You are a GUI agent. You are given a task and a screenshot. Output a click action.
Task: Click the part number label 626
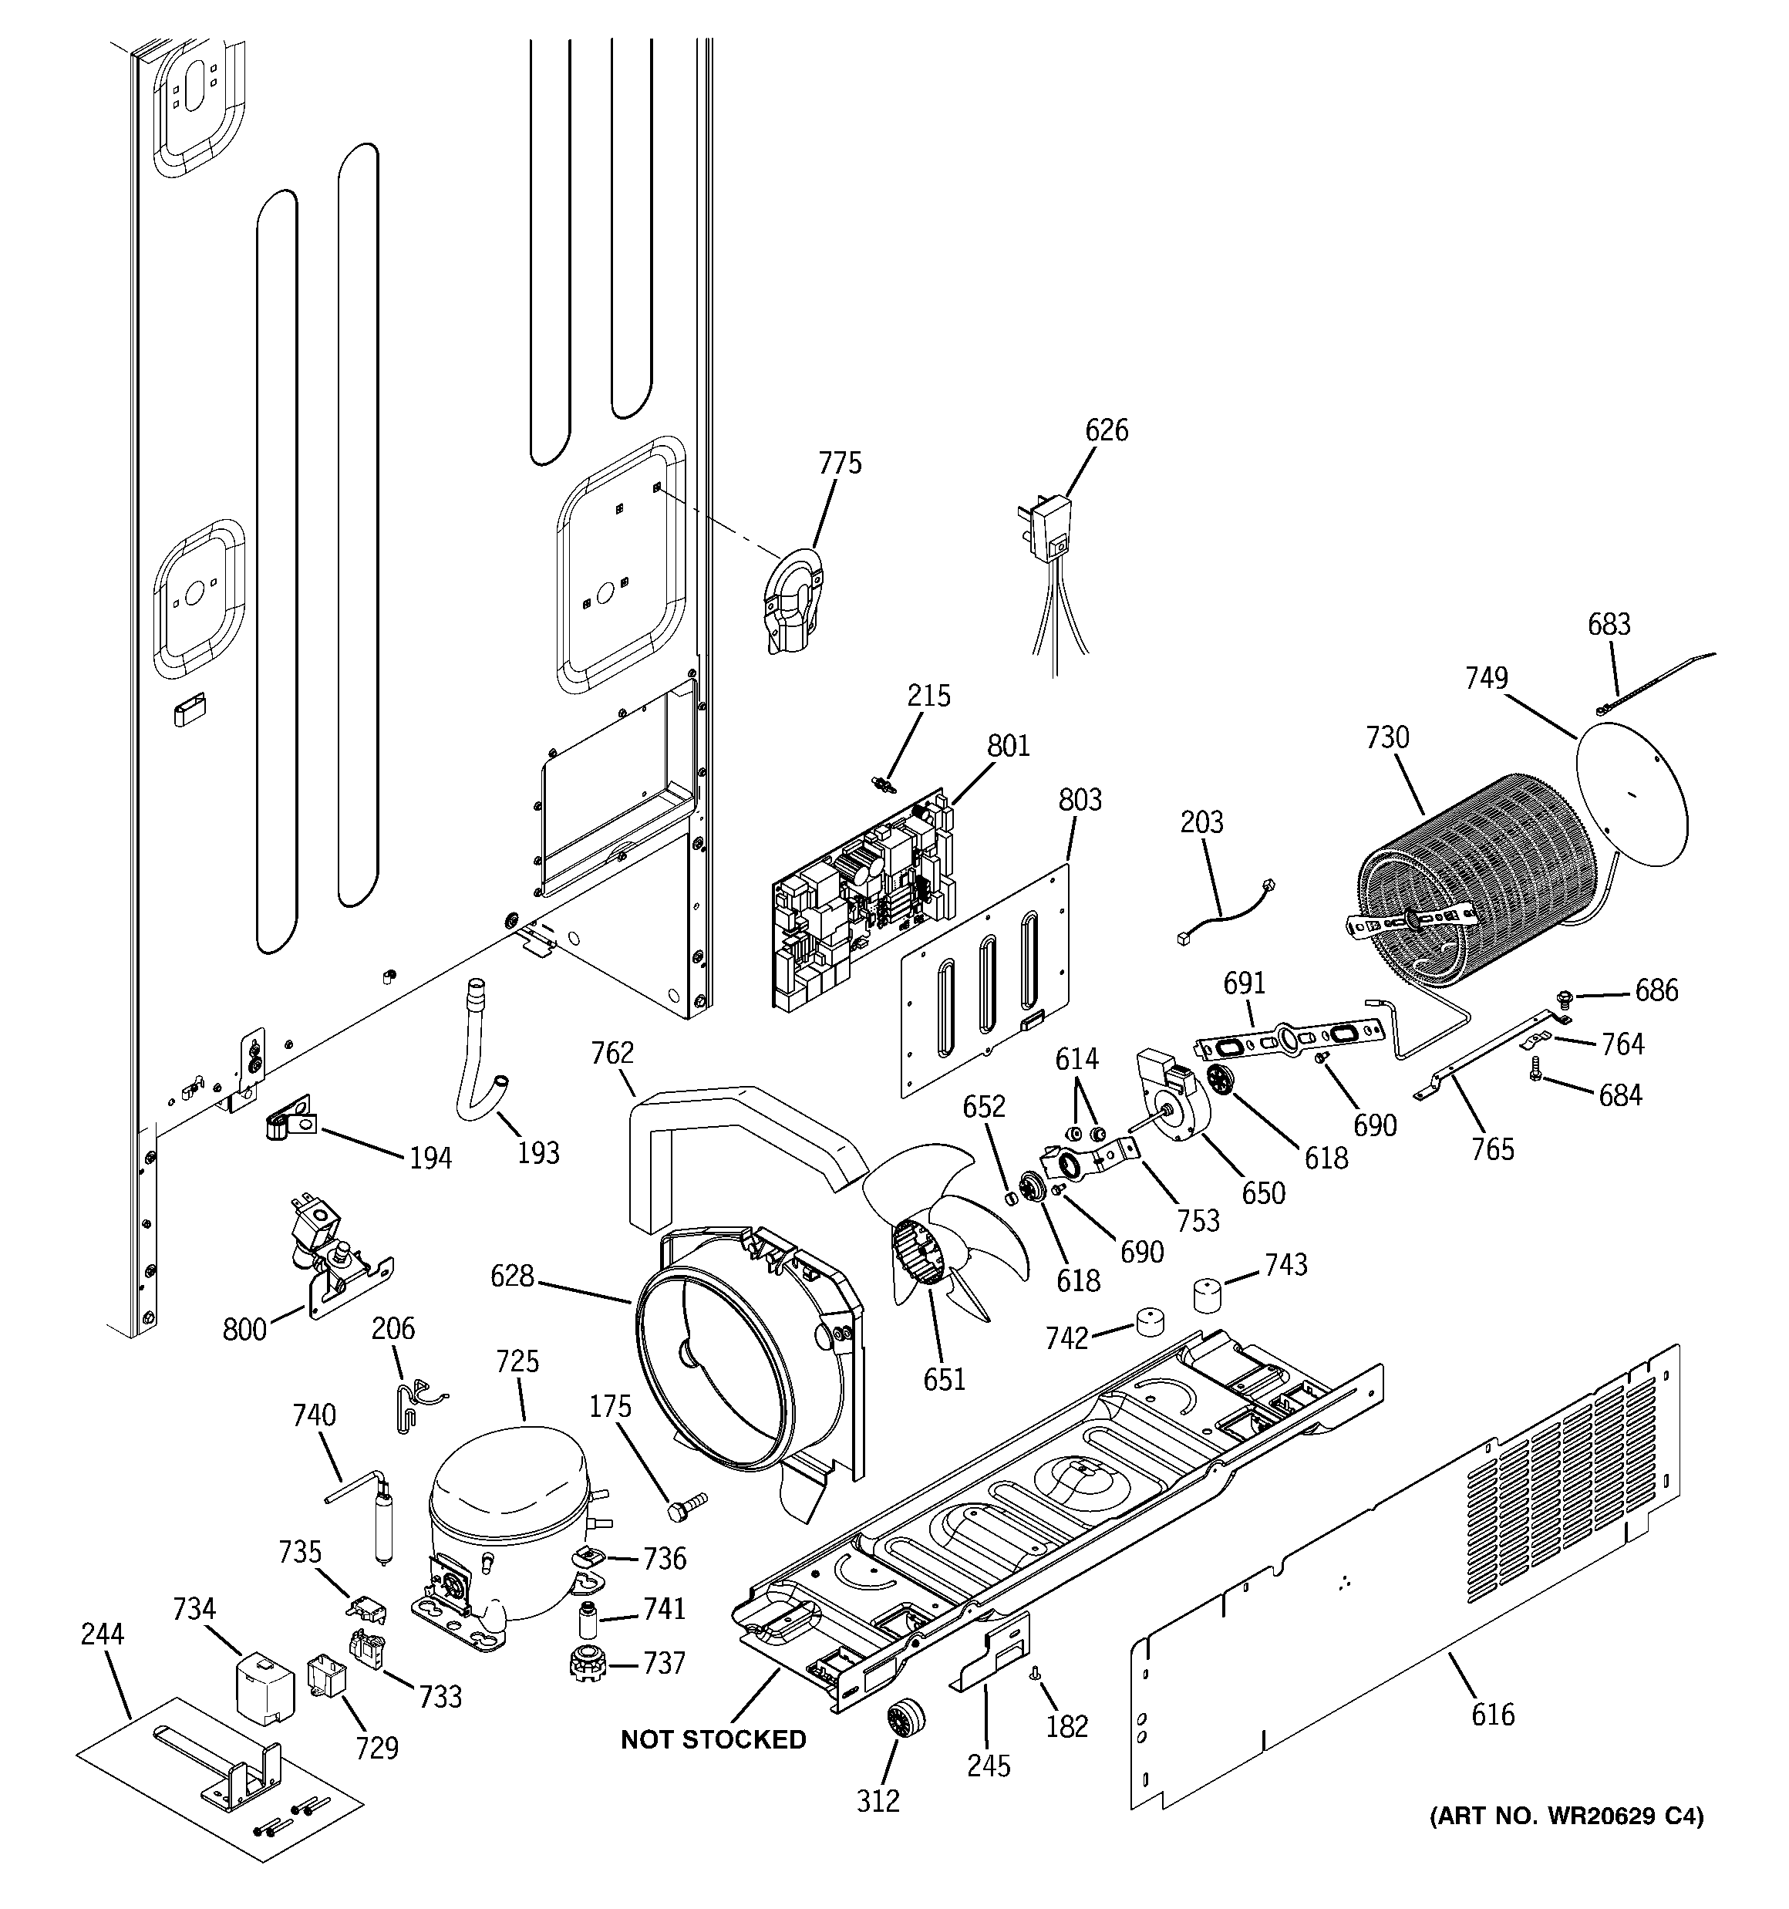(x=1107, y=430)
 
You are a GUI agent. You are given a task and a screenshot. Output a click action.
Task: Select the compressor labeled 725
(x=509, y=1528)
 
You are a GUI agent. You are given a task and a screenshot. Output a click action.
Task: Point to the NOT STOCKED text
(x=713, y=1740)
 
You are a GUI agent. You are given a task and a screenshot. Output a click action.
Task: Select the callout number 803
(x=1080, y=800)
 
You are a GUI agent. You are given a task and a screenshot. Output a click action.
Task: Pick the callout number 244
(x=102, y=1634)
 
